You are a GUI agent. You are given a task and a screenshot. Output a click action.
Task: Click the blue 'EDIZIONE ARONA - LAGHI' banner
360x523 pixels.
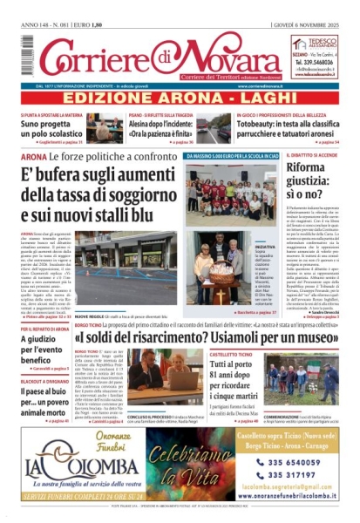(x=180, y=98)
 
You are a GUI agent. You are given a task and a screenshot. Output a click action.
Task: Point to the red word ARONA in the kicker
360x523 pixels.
(x=29, y=157)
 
